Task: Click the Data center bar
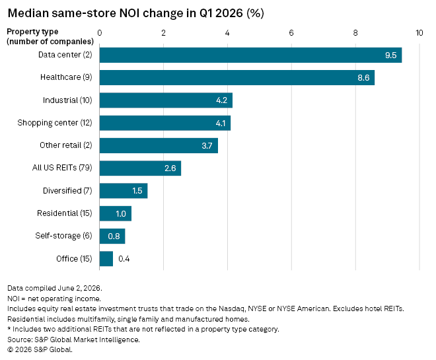(x=250, y=55)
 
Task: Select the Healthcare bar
(x=237, y=77)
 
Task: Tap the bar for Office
(x=106, y=259)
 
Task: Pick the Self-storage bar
(x=112, y=236)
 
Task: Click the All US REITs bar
(x=140, y=168)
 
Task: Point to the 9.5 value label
(x=390, y=55)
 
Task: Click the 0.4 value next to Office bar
(x=124, y=259)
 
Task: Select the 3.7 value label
(x=207, y=146)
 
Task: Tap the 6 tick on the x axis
(x=291, y=33)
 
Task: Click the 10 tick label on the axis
(x=419, y=33)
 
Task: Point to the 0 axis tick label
(x=100, y=33)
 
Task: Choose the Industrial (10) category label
(x=67, y=100)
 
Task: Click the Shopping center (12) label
(x=54, y=123)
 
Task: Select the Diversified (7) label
(x=67, y=191)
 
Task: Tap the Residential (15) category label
(x=65, y=213)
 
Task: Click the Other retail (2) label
(x=66, y=145)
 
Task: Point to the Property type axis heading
(x=32, y=32)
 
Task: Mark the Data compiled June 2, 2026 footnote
(x=55, y=288)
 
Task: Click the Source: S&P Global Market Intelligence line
(x=74, y=340)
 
